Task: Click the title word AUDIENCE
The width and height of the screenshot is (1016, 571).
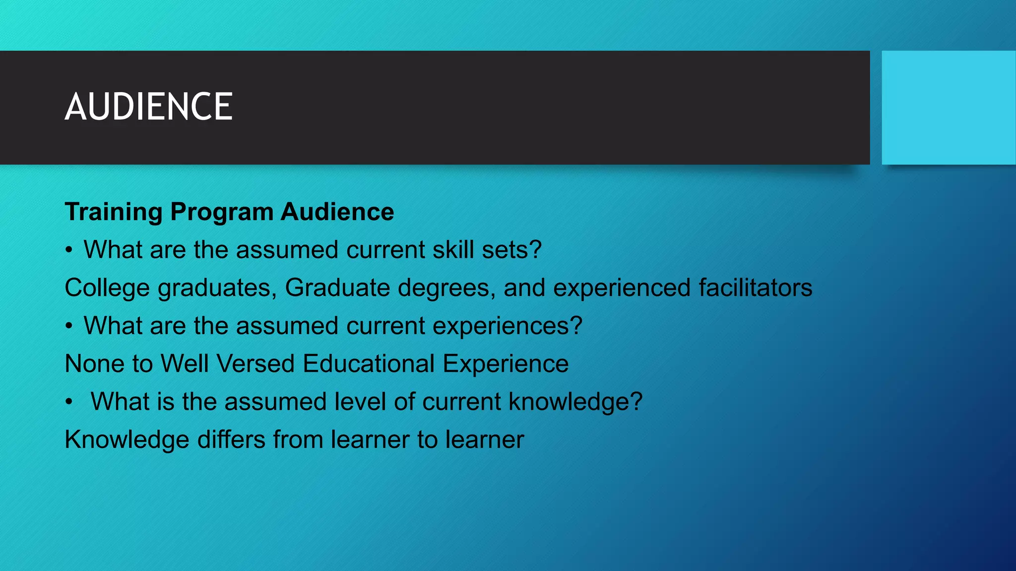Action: (x=148, y=107)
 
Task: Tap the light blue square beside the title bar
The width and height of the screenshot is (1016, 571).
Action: (x=948, y=108)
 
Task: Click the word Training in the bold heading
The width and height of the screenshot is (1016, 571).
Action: (x=114, y=212)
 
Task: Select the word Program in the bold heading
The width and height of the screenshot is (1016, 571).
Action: (x=221, y=212)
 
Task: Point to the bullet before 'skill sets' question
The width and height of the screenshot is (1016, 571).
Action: (x=69, y=250)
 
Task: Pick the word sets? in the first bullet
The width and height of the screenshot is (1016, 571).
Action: (x=511, y=249)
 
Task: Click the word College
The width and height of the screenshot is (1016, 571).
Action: (x=107, y=287)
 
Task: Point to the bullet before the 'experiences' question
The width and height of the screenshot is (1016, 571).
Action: (x=69, y=326)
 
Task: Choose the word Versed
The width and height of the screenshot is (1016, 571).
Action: (x=255, y=363)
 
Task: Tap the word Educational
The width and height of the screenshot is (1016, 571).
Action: (x=369, y=363)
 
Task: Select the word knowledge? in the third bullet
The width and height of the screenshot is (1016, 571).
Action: (x=575, y=401)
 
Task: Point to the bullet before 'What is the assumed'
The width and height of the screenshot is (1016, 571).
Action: (x=69, y=402)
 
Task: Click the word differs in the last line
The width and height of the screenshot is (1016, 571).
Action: (x=231, y=440)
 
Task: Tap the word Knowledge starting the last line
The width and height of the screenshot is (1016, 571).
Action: (x=127, y=440)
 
